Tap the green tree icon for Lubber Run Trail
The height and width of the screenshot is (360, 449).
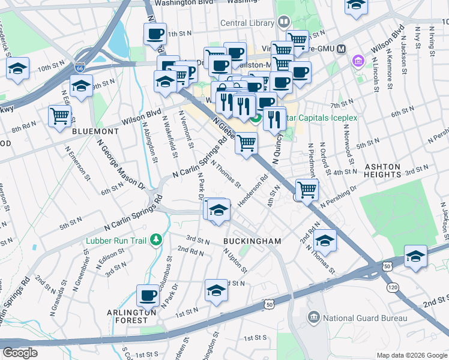156,240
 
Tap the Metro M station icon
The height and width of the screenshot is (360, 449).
341,49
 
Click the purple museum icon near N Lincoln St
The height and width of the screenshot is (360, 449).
359,61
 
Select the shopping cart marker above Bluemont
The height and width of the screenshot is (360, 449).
59,116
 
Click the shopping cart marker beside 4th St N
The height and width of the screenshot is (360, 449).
307,189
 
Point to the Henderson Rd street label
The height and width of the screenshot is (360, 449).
253,190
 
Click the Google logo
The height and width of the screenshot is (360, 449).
20,353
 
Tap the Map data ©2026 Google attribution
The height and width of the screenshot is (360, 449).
411,355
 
